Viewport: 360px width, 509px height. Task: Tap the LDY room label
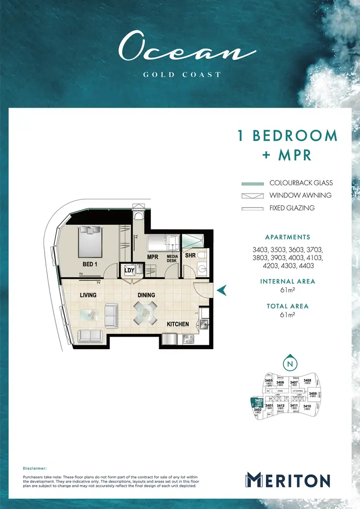click(129, 270)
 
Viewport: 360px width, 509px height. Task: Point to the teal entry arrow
click(222, 290)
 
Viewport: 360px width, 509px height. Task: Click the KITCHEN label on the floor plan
click(178, 324)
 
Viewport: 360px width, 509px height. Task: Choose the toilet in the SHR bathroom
click(202, 256)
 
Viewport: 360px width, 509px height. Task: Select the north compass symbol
click(289, 364)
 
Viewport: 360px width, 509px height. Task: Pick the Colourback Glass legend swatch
click(252, 183)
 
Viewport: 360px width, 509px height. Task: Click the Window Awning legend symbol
click(252, 195)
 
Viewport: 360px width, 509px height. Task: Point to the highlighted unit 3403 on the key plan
click(258, 402)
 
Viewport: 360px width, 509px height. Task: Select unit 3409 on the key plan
click(312, 395)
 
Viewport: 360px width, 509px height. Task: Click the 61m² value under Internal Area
click(288, 291)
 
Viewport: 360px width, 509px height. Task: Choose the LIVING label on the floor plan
click(88, 295)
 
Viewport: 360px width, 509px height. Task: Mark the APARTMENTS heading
click(288, 237)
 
